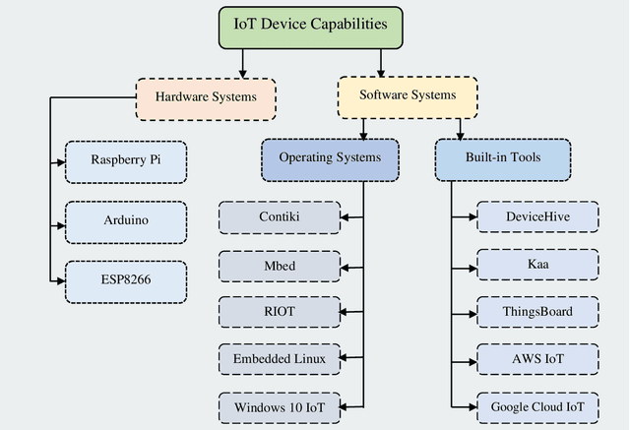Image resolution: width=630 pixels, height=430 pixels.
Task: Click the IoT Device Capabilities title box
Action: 311,25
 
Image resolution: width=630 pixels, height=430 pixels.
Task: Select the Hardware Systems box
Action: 206,97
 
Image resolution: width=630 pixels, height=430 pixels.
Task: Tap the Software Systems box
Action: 408,96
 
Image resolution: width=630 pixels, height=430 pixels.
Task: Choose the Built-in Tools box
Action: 502,158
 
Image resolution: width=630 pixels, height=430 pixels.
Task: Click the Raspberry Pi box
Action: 125,161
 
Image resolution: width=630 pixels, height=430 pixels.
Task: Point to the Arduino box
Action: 125,220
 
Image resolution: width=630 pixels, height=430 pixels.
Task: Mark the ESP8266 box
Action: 125,280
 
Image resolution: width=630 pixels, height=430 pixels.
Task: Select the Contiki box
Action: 279,217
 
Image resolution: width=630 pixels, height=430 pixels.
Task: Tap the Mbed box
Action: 279,266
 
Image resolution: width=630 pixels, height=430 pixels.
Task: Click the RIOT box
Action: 279,312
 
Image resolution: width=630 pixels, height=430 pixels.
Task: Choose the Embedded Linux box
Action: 279,359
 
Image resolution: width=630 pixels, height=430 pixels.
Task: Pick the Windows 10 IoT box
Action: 279,406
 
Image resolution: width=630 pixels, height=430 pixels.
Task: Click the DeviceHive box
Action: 537,217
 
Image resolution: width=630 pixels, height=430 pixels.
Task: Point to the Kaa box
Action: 537,265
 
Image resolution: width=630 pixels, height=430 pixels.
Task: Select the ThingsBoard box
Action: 537,312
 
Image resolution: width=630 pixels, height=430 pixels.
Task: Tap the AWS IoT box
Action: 537,359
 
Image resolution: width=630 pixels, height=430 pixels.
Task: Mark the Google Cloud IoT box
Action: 537,406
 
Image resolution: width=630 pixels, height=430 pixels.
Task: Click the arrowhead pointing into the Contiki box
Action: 345,217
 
